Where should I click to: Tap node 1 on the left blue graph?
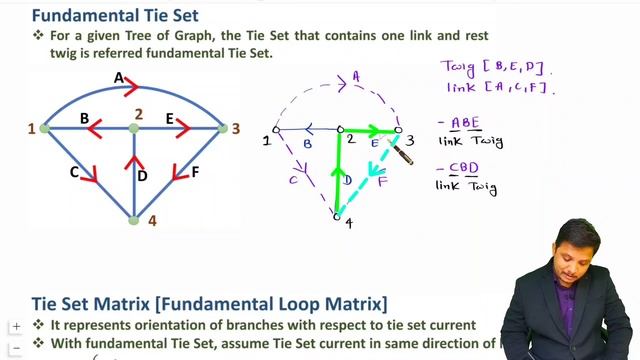coord(44,128)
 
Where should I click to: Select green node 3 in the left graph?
coord(223,128)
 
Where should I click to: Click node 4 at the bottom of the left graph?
coord(134,218)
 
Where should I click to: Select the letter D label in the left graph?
coord(143,176)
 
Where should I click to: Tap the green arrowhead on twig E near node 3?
coord(385,130)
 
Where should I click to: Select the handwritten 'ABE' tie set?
coord(465,124)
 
